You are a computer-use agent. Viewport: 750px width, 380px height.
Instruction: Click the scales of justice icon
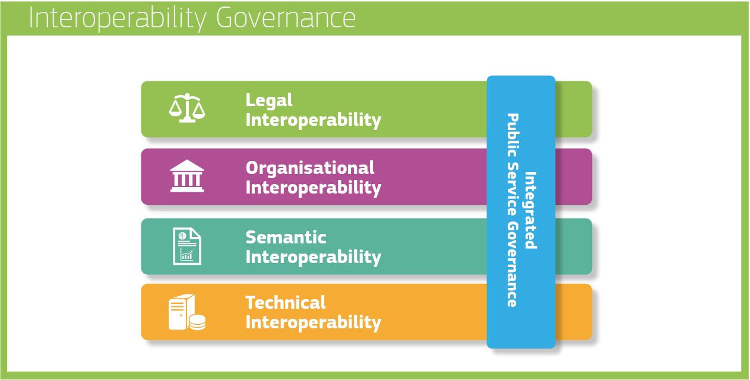(187, 108)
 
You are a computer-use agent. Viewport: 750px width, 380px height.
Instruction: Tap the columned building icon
(187, 176)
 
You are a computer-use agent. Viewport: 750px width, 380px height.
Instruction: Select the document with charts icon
(187, 246)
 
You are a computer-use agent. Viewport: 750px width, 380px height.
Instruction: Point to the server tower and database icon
(187, 312)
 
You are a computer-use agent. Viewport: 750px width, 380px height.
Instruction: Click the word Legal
(269, 100)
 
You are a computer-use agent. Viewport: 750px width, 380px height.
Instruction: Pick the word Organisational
(310, 168)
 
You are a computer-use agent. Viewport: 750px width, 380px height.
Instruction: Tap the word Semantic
(286, 237)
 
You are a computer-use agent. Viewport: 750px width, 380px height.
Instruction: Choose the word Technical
(285, 303)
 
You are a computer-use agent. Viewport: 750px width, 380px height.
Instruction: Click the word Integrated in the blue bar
(531, 210)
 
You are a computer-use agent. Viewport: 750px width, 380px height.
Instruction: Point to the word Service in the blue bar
(512, 189)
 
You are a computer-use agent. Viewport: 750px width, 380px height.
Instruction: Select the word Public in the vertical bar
(512, 135)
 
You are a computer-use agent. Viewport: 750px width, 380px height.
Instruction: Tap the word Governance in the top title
(286, 18)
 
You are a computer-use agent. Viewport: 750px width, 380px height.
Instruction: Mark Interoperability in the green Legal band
(314, 120)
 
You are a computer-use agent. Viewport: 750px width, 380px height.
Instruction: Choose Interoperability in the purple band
(314, 188)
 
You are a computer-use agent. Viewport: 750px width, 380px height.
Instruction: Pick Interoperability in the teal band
(314, 257)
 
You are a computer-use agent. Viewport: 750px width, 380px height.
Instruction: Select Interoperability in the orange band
(314, 322)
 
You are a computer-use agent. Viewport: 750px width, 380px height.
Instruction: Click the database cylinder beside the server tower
(197, 322)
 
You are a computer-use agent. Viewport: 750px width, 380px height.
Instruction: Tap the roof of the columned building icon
(187, 166)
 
